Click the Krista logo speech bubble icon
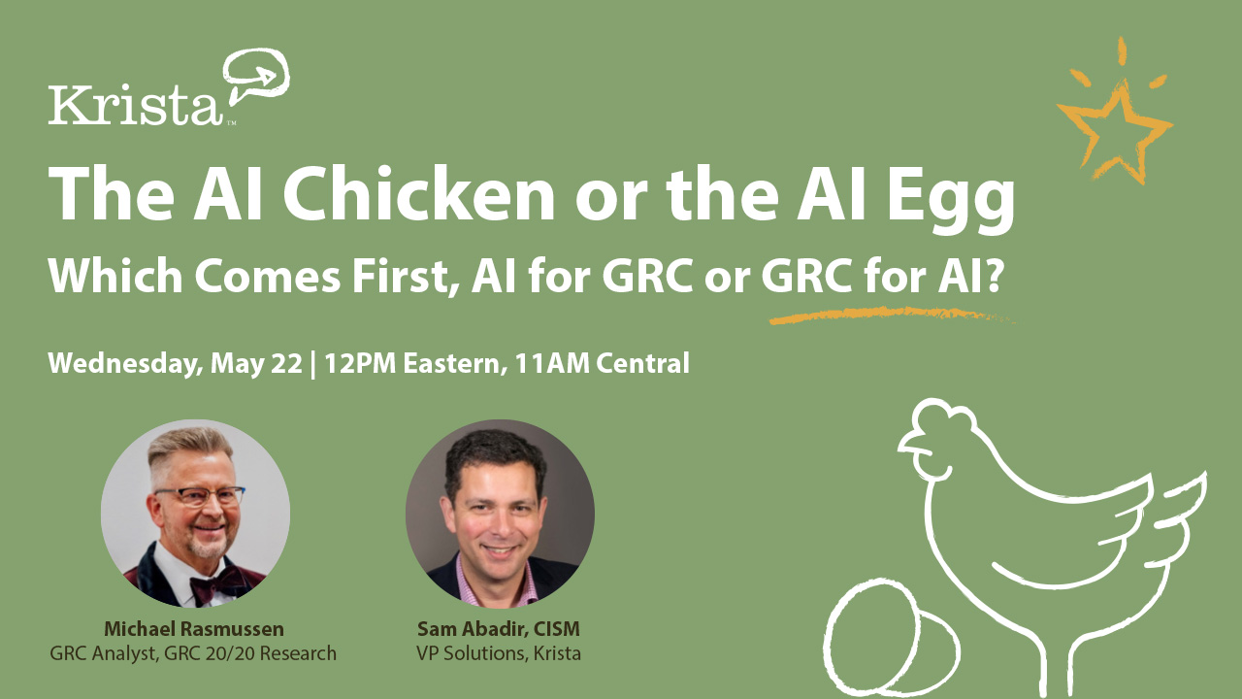click(258, 76)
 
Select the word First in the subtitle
click(392, 279)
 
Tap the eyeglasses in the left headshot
click(200, 496)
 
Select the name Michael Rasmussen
click(194, 628)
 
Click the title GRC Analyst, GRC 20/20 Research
click(193, 653)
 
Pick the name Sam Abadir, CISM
click(498, 628)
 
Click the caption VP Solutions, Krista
click(498, 653)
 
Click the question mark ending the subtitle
click(991, 279)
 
